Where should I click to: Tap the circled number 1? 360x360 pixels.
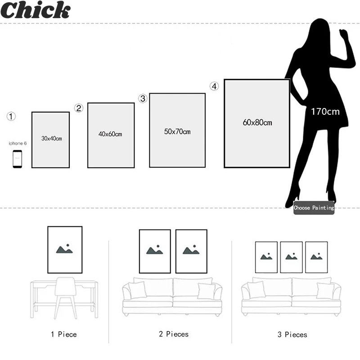[x=11, y=117]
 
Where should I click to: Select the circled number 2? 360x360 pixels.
[x=79, y=108]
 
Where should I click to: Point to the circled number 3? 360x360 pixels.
[x=143, y=99]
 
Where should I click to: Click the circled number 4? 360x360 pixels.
[x=214, y=86]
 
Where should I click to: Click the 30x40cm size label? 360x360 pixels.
[x=51, y=139]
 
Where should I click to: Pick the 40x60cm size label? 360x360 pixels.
[x=110, y=134]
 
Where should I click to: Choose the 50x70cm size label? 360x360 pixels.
[x=177, y=131]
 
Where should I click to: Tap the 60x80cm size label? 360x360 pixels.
[x=257, y=122]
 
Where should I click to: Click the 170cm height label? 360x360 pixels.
[x=325, y=111]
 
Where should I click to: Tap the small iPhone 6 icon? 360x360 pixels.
[x=18, y=159]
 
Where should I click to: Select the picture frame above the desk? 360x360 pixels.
[x=65, y=250]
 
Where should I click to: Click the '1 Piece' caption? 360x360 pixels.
[x=63, y=334]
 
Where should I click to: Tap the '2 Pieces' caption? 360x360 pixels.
[x=173, y=334]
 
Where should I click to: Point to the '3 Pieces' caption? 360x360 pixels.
[x=292, y=334]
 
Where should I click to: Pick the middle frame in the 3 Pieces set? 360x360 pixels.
[x=292, y=257]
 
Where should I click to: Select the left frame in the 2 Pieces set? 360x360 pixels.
[x=155, y=251]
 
